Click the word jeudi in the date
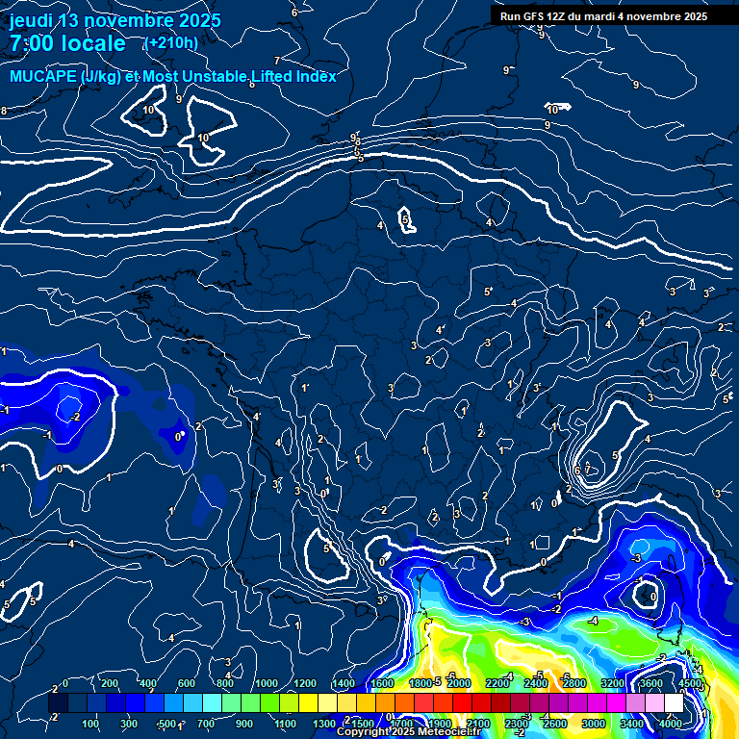coord(31,20)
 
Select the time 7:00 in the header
coord(32,44)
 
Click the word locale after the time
coord(96,44)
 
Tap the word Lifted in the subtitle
coord(263,76)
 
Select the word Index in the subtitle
coord(314,76)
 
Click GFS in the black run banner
coord(539,16)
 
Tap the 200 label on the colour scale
coord(109,683)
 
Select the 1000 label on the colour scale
coord(266,683)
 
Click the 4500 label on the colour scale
coord(691,683)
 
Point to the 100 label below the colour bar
coord(90,723)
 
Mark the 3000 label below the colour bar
coord(594,723)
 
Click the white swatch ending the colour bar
coord(674,703)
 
